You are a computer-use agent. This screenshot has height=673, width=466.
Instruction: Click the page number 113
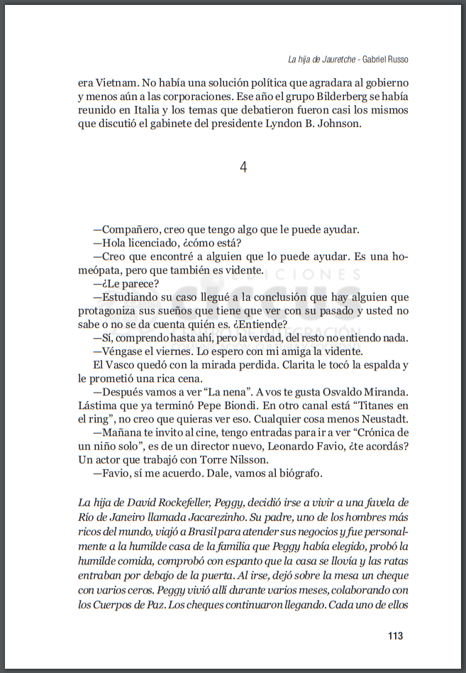coord(395,635)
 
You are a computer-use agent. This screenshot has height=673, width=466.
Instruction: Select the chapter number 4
coord(243,168)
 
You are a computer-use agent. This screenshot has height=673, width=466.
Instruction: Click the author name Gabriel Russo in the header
coord(386,58)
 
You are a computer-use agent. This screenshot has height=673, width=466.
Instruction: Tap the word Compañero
coord(131,230)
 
